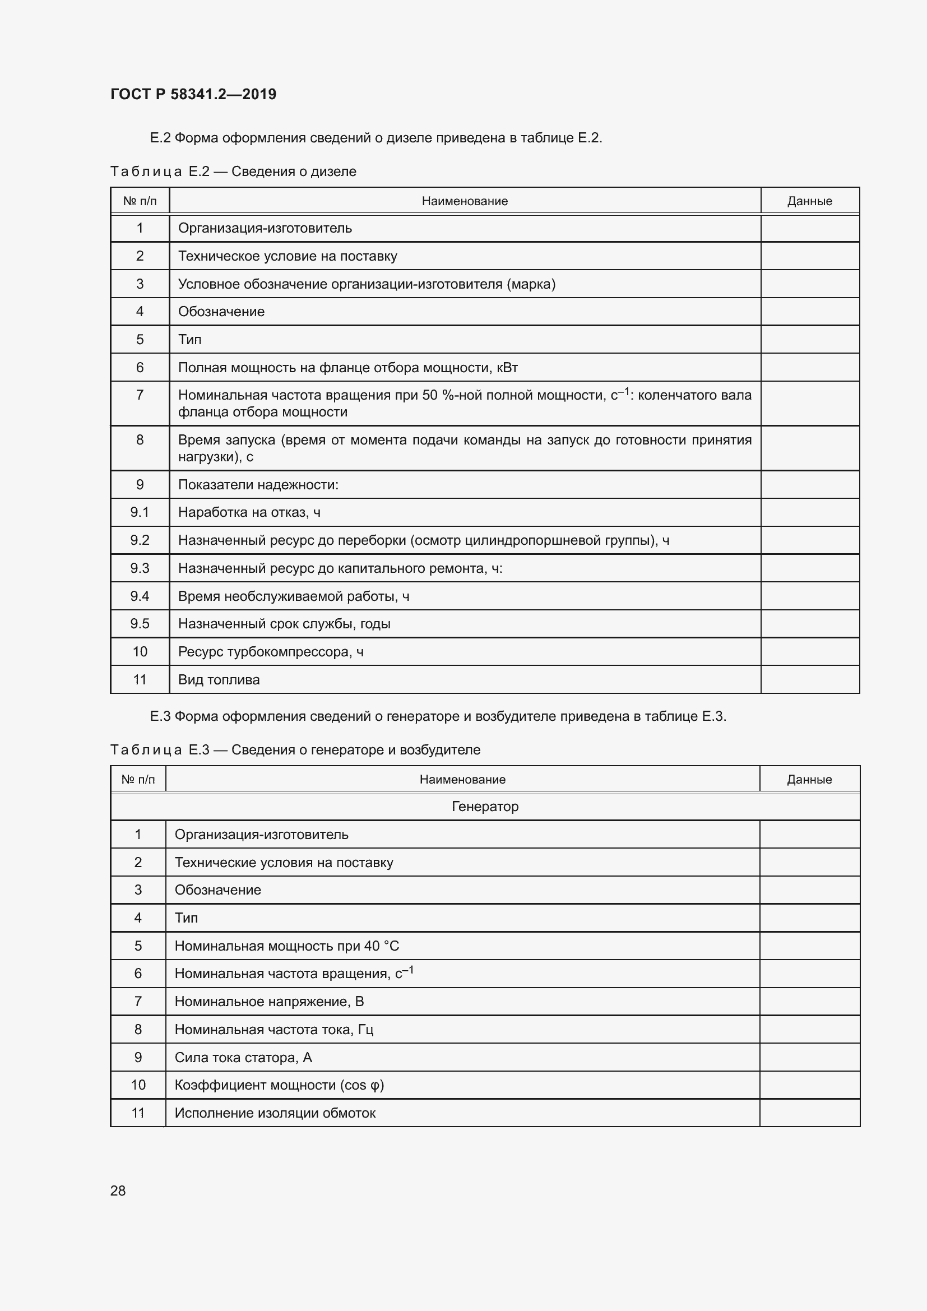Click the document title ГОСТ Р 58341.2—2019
coord(193,94)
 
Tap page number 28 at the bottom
coord(118,1190)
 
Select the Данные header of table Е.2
coord(809,201)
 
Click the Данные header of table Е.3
coord(809,780)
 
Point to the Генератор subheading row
coord(485,806)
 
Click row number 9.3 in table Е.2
coord(140,568)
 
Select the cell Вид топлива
coord(219,679)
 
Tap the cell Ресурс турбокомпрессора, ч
coord(271,651)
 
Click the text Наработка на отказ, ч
coord(249,512)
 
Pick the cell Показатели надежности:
coord(258,485)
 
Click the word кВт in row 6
coord(507,368)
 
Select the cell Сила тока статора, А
coord(243,1058)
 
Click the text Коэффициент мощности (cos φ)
coord(279,1085)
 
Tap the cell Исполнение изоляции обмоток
coord(275,1113)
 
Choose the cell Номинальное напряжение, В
coord(269,1002)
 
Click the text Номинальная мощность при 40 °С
coord(286,946)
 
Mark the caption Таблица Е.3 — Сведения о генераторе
coord(295,750)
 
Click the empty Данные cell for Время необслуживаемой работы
coord(809,596)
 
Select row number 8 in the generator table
coord(138,1030)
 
